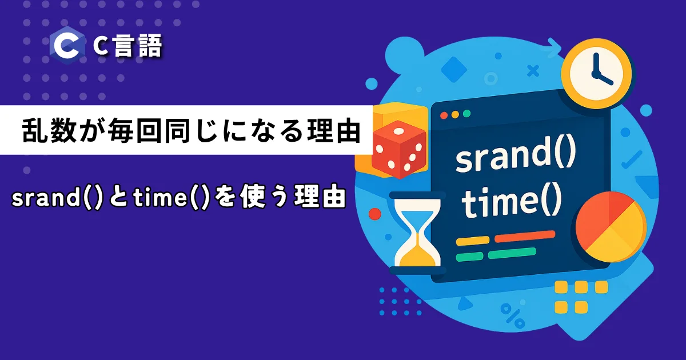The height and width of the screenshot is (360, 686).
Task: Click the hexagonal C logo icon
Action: (67, 45)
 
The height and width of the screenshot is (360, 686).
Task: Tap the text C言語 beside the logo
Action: (127, 46)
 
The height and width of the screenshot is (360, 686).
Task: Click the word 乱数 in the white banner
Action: (49, 131)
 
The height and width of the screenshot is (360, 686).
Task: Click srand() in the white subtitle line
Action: (57, 198)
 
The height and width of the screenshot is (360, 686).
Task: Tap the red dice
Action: (399, 149)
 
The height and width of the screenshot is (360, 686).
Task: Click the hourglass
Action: (417, 233)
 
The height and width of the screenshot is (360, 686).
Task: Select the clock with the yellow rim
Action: (596, 74)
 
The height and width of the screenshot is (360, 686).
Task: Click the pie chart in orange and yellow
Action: (611, 227)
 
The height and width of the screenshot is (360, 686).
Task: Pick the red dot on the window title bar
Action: (444, 115)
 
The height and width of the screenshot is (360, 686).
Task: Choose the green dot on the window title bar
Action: (466, 114)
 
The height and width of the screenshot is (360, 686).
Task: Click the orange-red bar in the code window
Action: (525, 237)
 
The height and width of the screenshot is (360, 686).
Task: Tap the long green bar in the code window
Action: (512, 253)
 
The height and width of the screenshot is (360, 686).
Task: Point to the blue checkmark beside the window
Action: (632, 160)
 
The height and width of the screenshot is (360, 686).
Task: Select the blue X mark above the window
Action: (533, 71)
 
